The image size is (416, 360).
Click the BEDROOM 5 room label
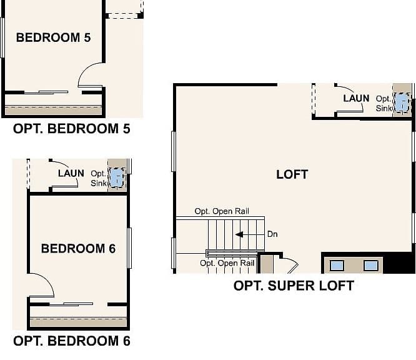[x=53, y=37]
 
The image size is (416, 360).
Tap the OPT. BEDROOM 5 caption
[x=72, y=129]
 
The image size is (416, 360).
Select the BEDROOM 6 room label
[x=78, y=249]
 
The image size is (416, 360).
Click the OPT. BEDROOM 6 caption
[x=72, y=341]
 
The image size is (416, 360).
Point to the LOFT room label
[x=292, y=175]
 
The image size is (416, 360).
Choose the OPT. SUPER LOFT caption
[x=294, y=286]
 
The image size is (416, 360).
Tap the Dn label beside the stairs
[x=272, y=234]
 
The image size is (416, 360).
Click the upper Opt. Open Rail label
[x=222, y=211]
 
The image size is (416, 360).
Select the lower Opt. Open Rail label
[x=227, y=263]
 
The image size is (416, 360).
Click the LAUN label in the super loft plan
[x=356, y=99]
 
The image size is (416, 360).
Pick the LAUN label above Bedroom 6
[x=71, y=174]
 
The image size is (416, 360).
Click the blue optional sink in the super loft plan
[x=402, y=102]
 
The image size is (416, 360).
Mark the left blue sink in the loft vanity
[x=337, y=266]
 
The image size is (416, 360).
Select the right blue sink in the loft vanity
[x=370, y=266]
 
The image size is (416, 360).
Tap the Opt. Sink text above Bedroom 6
[x=99, y=178]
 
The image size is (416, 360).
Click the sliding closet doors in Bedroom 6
[x=71, y=304]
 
